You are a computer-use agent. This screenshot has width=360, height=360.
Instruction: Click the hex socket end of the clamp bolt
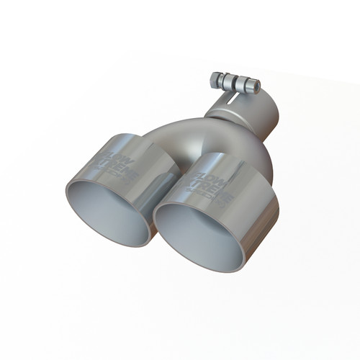(x=256, y=87)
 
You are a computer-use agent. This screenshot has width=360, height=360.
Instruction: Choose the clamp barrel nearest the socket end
(x=243, y=85)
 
